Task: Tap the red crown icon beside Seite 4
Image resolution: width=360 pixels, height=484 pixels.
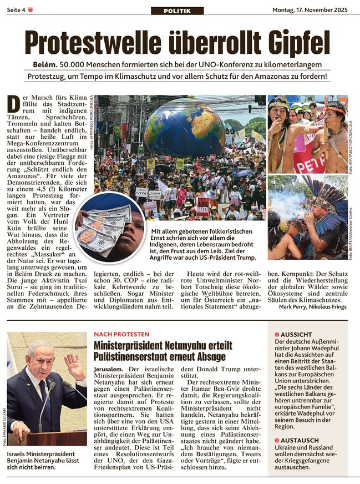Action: pos(31,9)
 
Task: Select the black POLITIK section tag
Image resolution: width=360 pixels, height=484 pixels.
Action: pos(180,11)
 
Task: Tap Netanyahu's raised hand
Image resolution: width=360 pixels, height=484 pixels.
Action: pos(74,366)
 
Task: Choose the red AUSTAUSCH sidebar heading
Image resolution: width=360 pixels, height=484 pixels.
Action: pos(298,441)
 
